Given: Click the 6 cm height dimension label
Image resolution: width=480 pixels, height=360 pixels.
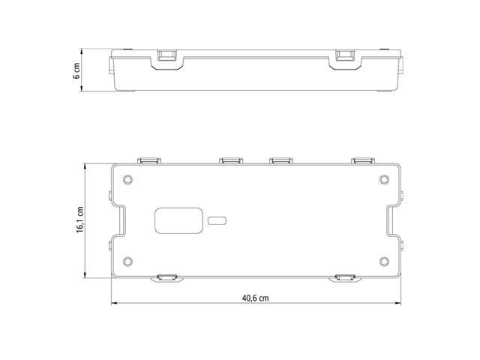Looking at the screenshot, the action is pos(76,70).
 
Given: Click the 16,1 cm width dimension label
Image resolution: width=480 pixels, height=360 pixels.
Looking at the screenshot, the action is pos(80,220).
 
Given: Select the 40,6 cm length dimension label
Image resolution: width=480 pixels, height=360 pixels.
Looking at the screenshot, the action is pos(256,298).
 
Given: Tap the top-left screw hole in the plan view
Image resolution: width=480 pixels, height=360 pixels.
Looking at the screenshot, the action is pos(127,179).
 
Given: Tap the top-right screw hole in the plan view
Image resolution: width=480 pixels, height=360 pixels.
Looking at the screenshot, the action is pos(384,179).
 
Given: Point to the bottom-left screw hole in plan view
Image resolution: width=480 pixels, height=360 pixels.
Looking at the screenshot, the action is pos(127,262).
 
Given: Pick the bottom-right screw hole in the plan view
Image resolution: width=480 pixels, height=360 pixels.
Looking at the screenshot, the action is pos(384,262).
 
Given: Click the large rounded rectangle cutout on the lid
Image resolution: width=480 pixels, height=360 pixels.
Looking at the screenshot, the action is pos(178,220).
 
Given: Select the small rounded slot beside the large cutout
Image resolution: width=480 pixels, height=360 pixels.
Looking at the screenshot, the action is pos(217,220).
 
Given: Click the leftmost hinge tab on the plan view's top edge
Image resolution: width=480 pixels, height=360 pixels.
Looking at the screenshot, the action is pos(149,160).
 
